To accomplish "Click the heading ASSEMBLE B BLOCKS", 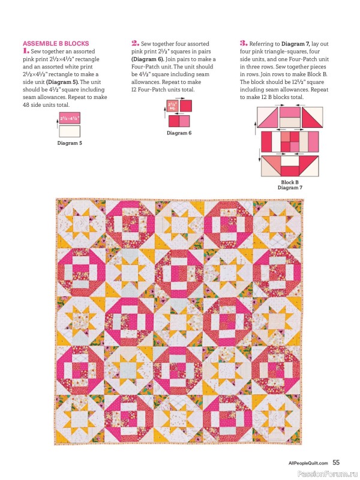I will (55, 43).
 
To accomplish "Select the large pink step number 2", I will (135, 43).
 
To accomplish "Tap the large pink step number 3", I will (244, 43).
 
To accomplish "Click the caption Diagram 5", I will (70, 143).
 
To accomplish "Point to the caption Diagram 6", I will (179, 133).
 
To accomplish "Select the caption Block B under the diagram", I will (289, 182).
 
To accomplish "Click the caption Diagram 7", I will (289, 188).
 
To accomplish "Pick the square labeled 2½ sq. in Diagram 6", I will (173, 106).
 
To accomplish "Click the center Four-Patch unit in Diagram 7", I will (290, 141).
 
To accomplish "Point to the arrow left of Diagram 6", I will (163, 112).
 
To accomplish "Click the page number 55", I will (336, 463).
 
